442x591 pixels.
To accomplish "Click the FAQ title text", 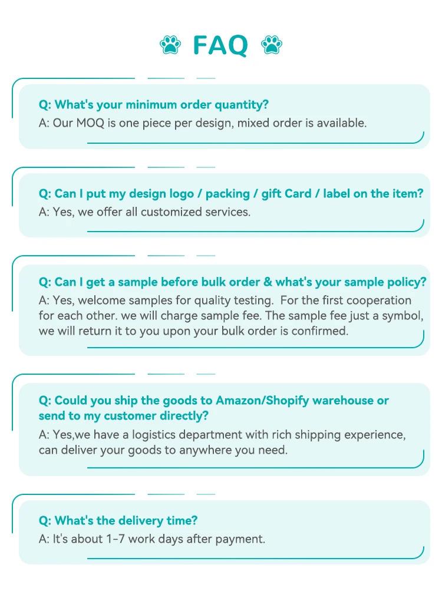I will click(x=220, y=45).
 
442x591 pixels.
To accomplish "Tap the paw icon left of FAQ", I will click(x=171, y=45).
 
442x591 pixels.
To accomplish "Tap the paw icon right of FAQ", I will click(x=271, y=45).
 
